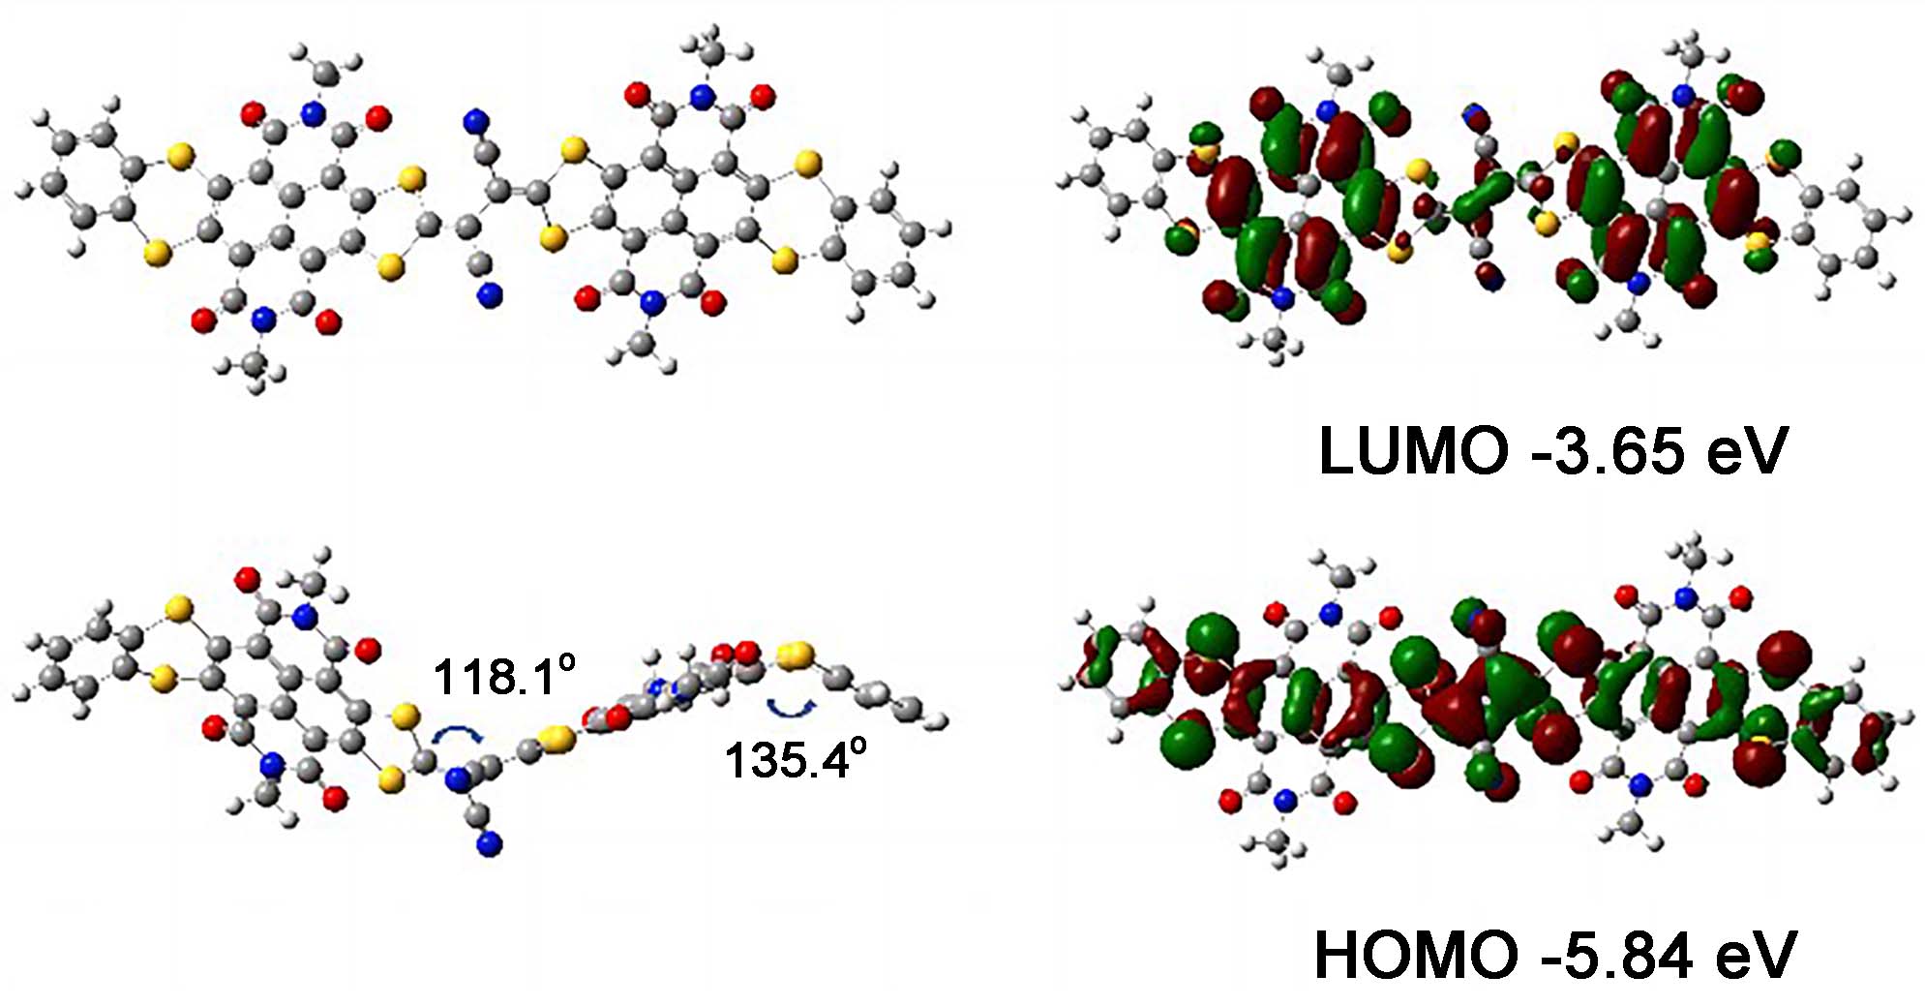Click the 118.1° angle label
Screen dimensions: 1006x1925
point(504,675)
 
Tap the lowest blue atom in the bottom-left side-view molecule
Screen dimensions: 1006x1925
point(491,845)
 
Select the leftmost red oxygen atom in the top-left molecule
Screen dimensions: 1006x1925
point(203,320)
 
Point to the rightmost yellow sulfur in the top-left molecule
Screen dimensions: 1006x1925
point(806,165)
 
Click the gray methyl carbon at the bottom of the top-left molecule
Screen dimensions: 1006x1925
point(254,362)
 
